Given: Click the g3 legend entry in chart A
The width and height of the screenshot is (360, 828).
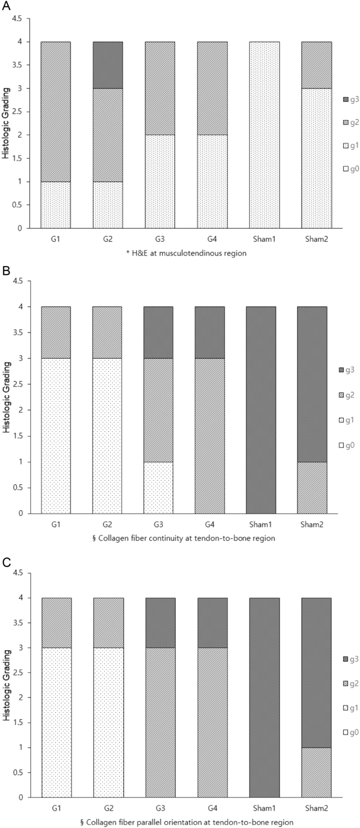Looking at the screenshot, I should [x=348, y=99].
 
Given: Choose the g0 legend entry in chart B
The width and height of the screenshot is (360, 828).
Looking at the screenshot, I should [x=348, y=446].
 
